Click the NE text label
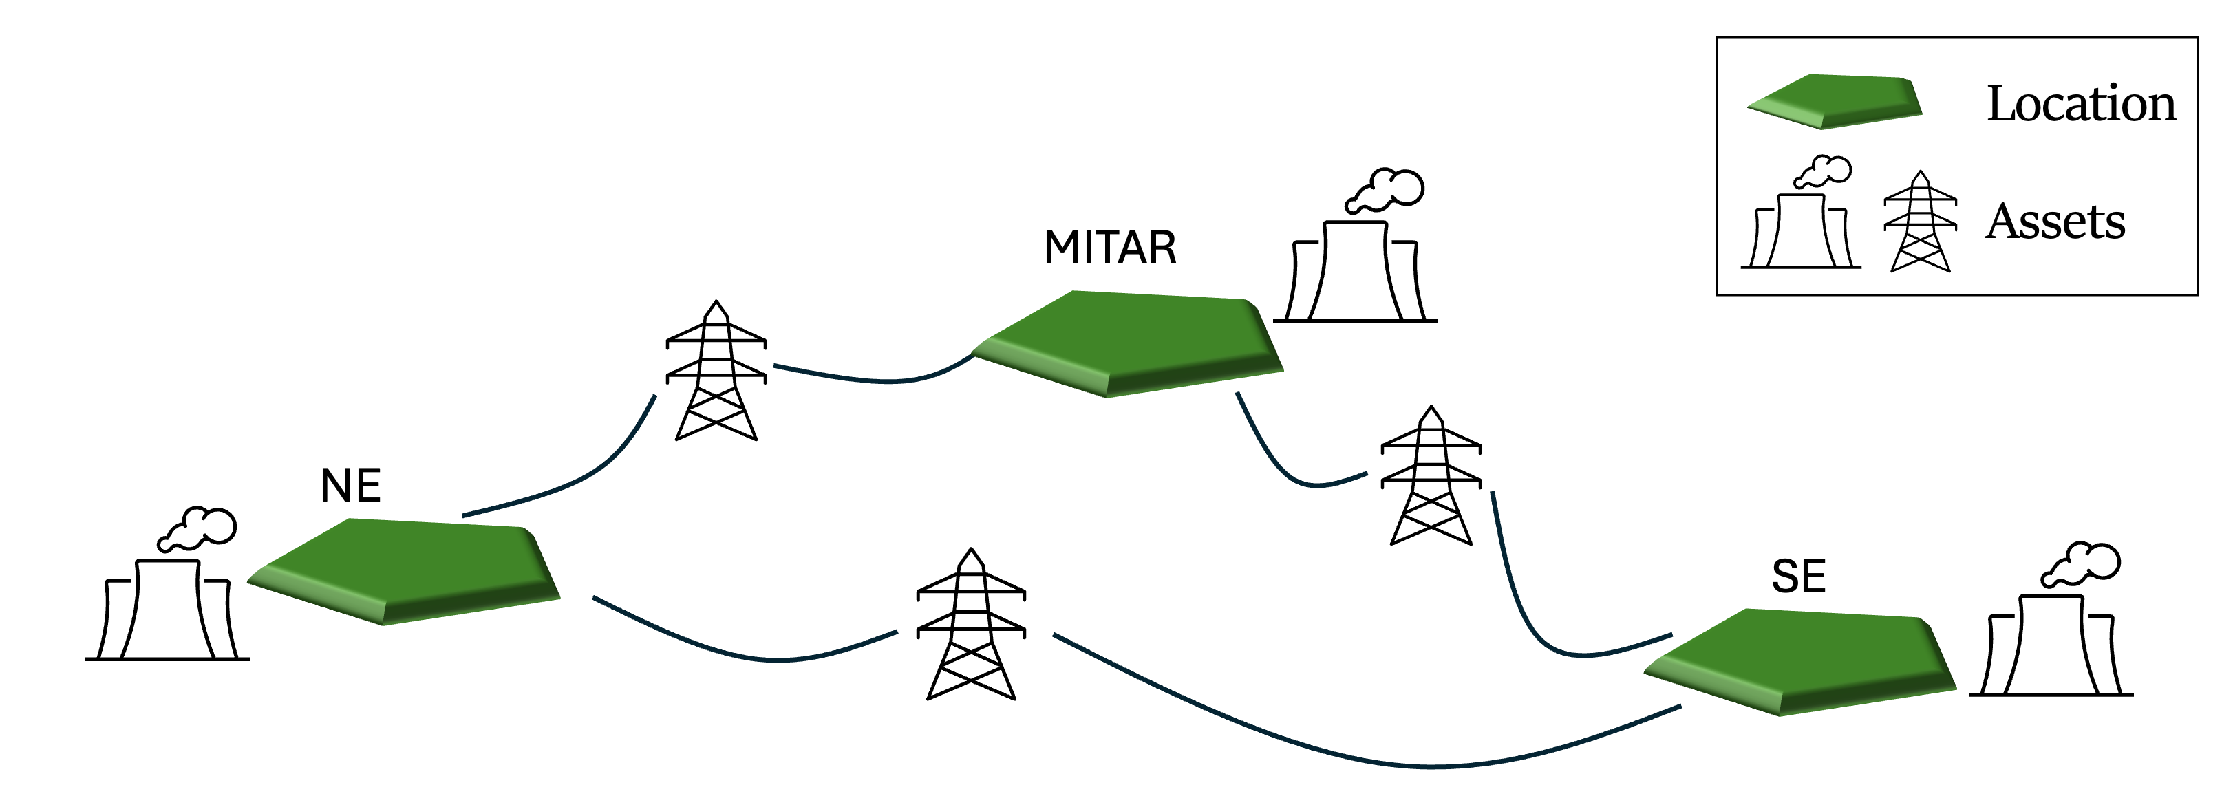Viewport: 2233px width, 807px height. pyautogui.click(x=351, y=486)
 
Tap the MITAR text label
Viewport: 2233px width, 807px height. pyautogui.click(x=1111, y=248)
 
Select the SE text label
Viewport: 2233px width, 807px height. pyautogui.click(x=1799, y=577)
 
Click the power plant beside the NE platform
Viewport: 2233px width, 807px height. pyautogui.click(x=167, y=607)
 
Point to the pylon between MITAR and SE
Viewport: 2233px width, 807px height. pyautogui.click(x=1431, y=476)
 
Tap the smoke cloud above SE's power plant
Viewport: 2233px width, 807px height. pyautogui.click(x=2084, y=563)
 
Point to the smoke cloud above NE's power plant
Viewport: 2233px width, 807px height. pyautogui.click(x=200, y=528)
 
